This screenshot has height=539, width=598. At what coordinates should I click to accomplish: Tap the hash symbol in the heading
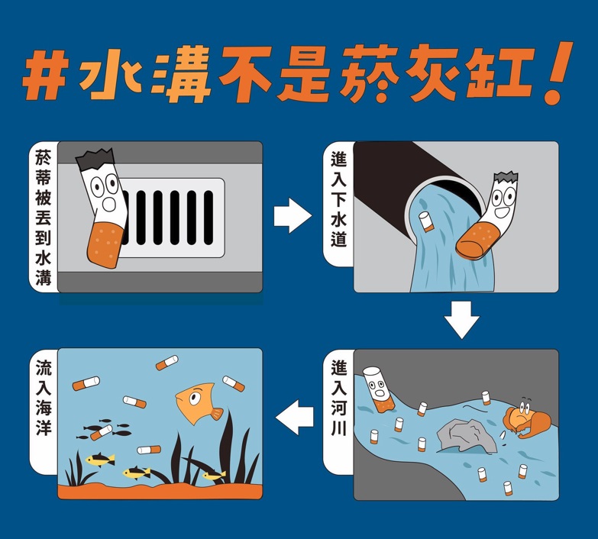coord(46,75)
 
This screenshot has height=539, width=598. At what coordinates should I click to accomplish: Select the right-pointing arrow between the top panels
coord(293,215)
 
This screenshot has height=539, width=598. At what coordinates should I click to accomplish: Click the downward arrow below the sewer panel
coord(462,320)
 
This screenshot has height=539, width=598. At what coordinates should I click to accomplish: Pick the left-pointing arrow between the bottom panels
coord(295,417)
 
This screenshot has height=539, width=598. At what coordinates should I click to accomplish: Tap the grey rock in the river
coord(467,436)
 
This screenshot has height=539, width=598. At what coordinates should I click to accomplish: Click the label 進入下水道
coord(338,198)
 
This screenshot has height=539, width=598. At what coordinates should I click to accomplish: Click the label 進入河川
coord(338,398)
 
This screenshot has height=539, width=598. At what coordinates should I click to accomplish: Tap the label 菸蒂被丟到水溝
coord(43,217)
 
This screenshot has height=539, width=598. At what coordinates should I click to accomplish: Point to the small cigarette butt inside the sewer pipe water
coord(426,222)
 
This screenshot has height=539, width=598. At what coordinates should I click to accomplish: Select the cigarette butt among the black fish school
coord(101,433)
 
